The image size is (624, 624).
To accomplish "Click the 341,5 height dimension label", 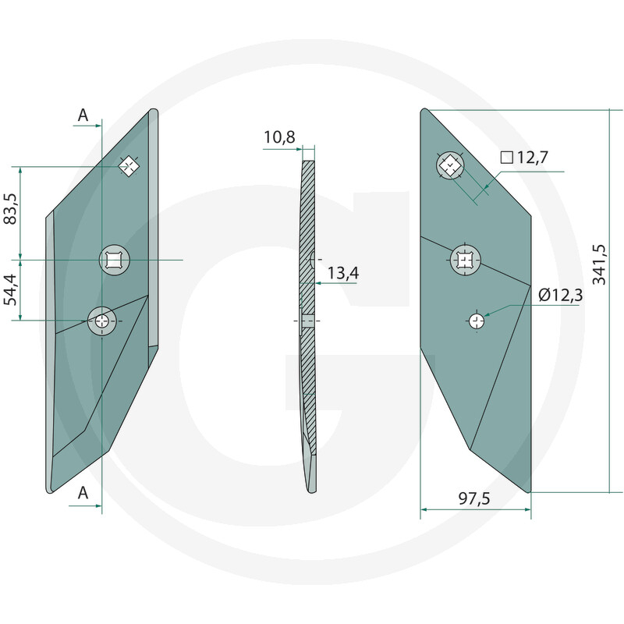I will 600,264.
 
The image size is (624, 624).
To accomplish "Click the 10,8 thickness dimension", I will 279,138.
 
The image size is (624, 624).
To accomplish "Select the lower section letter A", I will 83,493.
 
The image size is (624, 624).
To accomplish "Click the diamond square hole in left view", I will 128,166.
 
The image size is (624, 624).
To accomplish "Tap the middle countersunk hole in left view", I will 114,259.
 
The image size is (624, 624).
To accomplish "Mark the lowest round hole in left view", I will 102,320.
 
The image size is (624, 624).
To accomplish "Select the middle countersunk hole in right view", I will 466,259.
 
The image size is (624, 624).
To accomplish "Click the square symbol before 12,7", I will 506,158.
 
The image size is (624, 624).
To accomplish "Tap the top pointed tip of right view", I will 423,110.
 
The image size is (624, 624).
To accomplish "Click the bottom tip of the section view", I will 312,488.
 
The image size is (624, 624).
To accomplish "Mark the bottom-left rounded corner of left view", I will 51,489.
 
